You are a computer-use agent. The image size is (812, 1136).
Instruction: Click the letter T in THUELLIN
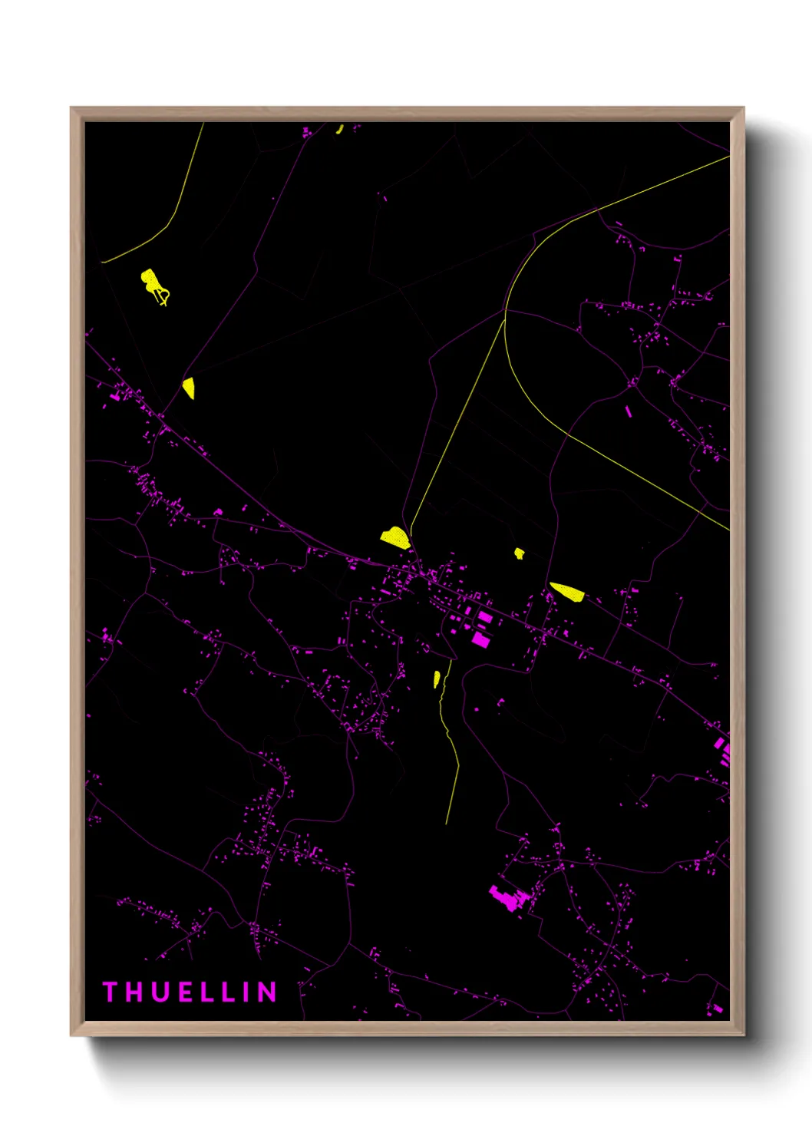pos(109,992)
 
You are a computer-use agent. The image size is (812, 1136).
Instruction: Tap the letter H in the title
pos(131,992)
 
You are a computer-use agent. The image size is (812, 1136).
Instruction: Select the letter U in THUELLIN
pos(158,992)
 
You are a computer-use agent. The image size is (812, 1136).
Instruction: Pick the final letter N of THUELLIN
pos(267,992)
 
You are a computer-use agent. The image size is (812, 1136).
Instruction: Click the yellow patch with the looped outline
pos(153,285)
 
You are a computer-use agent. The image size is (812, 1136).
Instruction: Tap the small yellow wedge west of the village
pos(189,388)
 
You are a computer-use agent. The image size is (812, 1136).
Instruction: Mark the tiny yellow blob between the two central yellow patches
pos(520,553)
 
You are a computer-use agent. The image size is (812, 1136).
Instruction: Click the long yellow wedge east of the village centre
pos(568,591)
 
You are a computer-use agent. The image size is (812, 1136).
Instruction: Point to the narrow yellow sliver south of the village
pos(437,679)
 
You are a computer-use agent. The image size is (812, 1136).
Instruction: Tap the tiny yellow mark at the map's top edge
pos(339,129)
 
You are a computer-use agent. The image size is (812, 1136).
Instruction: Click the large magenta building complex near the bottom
pos(507,897)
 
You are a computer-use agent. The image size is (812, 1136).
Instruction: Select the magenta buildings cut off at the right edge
pos(723,748)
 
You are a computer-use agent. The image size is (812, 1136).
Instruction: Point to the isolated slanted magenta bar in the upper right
pos(629,411)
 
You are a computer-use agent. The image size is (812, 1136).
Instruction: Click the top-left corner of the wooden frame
pos(71,108)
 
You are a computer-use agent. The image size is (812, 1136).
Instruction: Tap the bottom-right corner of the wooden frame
pos(743,1035)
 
